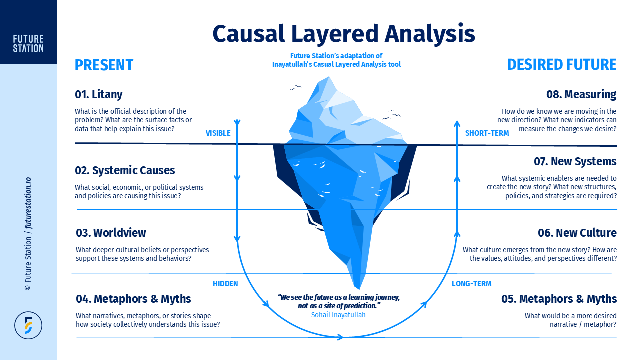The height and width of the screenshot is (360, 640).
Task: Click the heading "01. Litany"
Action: point(99,94)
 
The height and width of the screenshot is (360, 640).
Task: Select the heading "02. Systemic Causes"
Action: point(125,170)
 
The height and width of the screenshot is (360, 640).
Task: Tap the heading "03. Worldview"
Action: point(111,233)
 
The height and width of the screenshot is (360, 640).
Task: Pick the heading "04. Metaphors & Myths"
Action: point(133,299)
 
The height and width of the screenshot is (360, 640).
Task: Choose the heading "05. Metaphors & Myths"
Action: point(559,299)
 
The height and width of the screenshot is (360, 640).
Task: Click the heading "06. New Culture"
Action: point(577,233)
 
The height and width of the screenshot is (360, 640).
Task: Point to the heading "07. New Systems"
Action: point(575,161)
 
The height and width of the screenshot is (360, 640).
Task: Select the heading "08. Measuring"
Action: point(581,94)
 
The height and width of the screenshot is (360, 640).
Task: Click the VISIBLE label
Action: point(218,133)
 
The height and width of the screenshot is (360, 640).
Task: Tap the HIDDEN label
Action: point(225,284)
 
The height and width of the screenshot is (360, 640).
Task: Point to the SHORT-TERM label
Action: point(487,133)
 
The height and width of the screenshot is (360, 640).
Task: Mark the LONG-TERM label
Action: point(471,284)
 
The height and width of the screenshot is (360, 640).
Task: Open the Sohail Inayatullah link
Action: point(338,315)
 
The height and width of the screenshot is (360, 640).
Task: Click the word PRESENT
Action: point(104,65)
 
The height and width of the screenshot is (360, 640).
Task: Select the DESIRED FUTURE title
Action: point(562,65)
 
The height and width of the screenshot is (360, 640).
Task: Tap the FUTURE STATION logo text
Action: point(28,44)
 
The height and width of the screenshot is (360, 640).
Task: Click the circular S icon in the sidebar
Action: point(28,325)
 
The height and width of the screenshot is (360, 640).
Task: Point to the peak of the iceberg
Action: point(329,76)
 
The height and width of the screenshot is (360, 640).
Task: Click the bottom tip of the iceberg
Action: point(358,289)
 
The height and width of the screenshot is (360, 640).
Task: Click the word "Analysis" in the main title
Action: point(430,34)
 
